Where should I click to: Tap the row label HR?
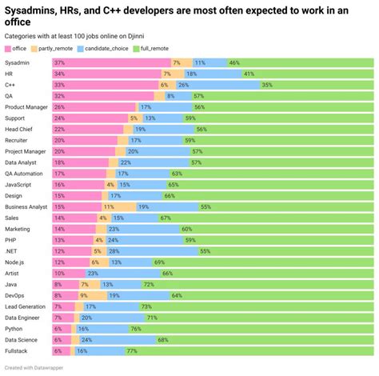pos(9,73)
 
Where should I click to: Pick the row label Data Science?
pos(22,339)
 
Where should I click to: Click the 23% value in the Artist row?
pos(93,273)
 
